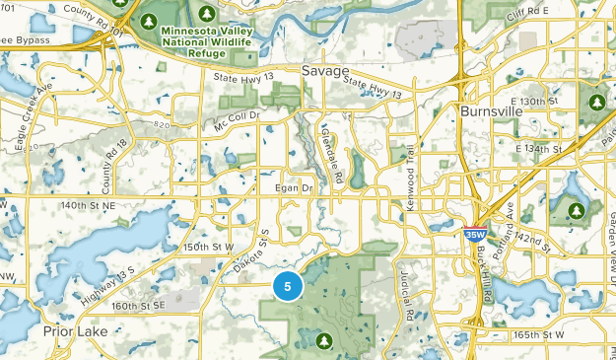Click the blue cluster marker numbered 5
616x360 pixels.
pos(288,287)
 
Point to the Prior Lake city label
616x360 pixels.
pos(75,332)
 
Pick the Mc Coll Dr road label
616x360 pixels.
pos(235,120)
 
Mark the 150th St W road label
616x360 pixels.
pos(209,246)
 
